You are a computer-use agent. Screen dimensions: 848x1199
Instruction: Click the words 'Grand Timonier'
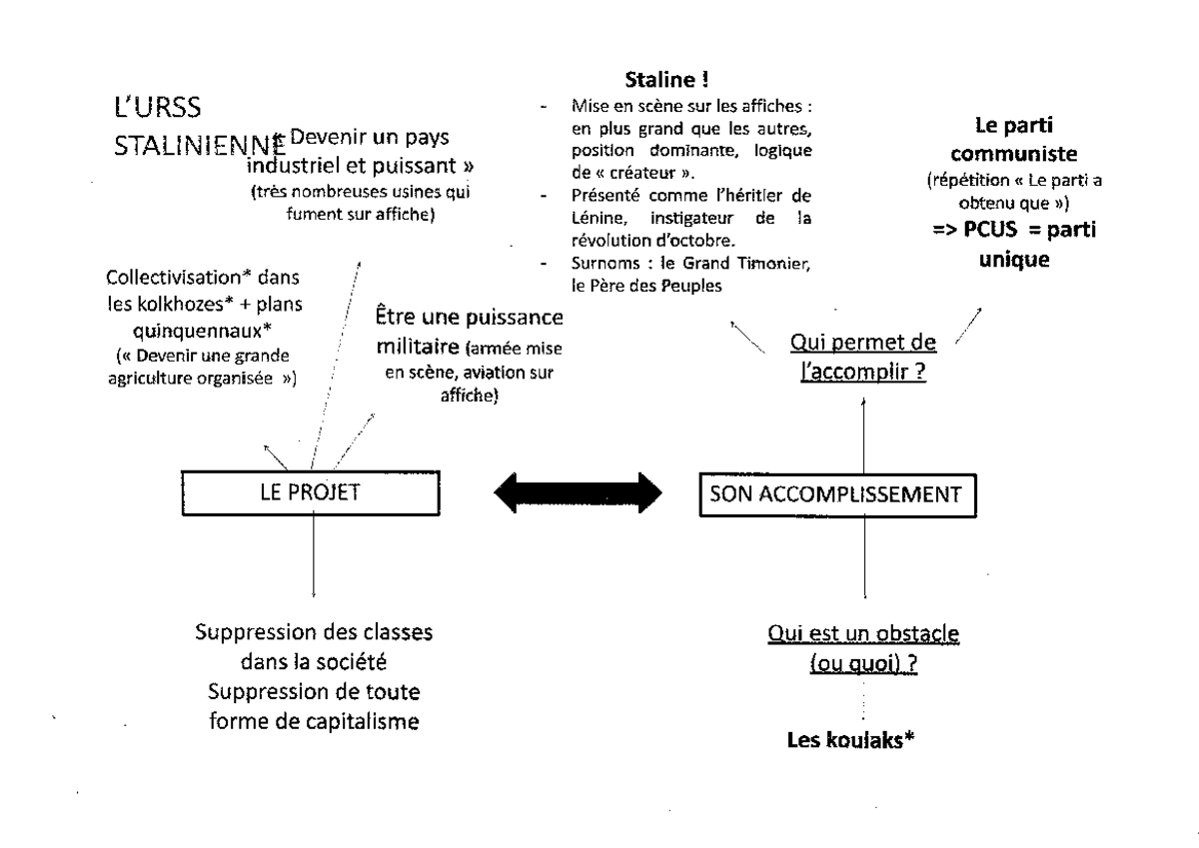[769, 263]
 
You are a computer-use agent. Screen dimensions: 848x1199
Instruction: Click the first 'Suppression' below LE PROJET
[257, 634]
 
